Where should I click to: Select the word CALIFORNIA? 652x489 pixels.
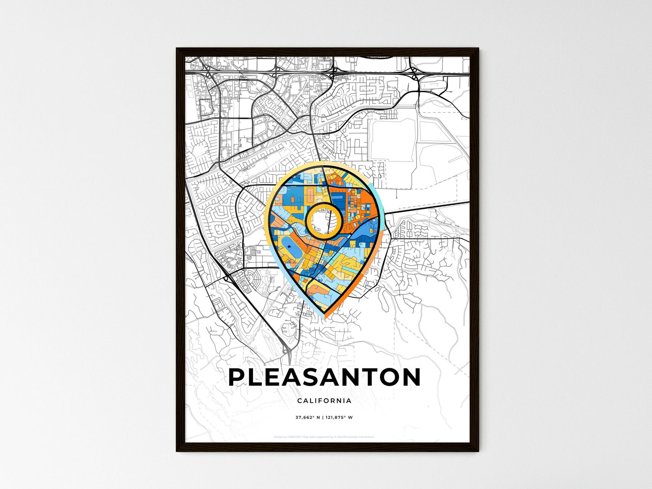(324, 401)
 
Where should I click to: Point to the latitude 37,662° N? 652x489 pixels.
(308, 417)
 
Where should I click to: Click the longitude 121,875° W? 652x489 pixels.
(339, 417)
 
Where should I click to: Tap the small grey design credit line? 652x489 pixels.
(324, 437)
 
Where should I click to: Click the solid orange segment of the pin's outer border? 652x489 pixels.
(356, 284)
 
